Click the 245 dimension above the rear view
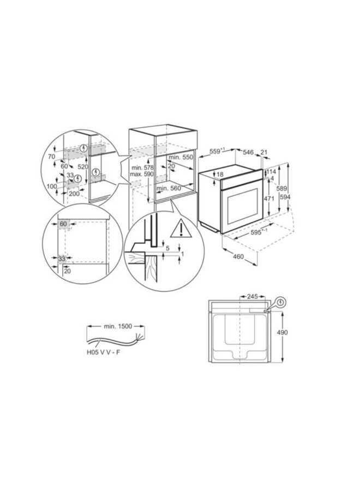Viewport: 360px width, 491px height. [x=252, y=297]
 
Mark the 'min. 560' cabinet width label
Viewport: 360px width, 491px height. [x=169, y=188]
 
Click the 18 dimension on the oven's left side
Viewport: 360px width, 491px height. [x=220, y=174]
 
